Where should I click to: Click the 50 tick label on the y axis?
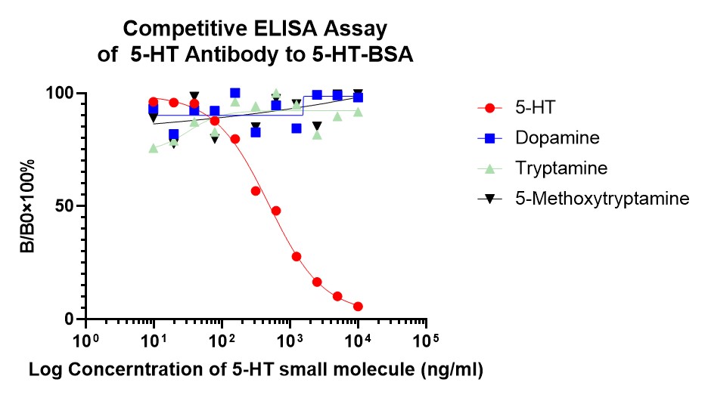point(65,206)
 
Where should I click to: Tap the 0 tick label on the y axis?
point(70,319)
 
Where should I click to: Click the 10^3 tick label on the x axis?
point(290,340)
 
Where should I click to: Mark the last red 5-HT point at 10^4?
point(358,307)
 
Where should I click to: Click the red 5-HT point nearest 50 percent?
point(276,211)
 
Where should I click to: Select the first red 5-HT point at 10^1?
point(154,102)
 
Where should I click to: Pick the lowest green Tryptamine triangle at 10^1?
point(154,148)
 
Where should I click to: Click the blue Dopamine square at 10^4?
point(358,97)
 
